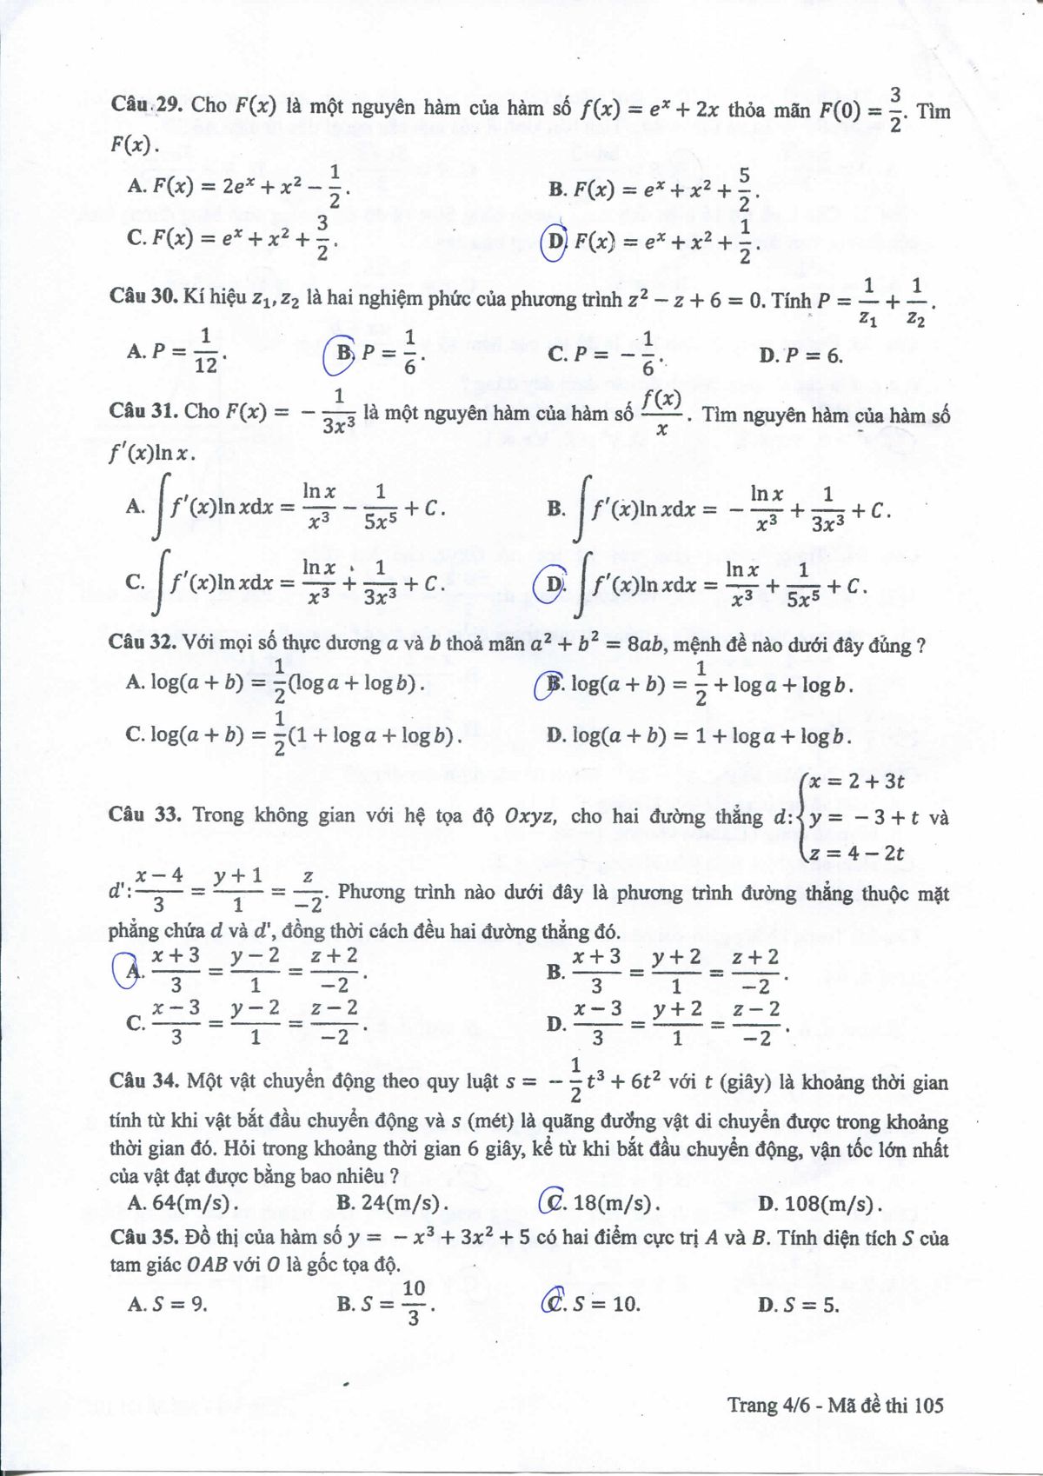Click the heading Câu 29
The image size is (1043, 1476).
pos(145,106)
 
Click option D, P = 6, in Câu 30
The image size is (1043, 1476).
pos(800,355)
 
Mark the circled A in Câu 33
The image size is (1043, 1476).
pos(133,971)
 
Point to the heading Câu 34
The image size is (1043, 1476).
pos(143,1081)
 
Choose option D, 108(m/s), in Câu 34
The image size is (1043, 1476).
pos(820,1204)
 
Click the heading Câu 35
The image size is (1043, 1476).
pos(143,1238)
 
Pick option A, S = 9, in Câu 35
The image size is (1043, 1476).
pos(168,1304)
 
